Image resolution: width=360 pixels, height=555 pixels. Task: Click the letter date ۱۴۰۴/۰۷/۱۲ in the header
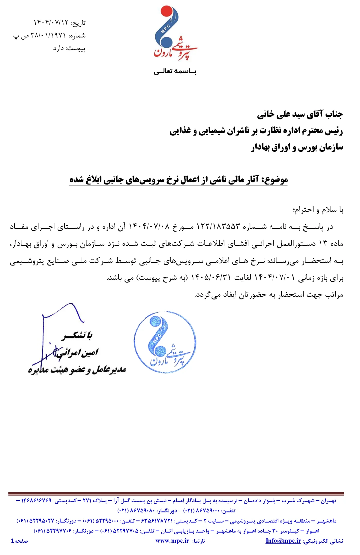(x=51, y=23)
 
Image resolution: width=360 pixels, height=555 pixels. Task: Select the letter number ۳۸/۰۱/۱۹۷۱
(x=48, y=36)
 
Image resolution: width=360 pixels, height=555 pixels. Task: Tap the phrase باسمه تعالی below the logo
(x=175, y=71)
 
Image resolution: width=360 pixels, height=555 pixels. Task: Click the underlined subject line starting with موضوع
(x=178, y=180)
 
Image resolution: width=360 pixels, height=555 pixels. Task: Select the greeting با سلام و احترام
(x=318, y=210)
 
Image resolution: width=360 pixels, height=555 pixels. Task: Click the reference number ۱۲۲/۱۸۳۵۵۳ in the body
(x=218, y=226)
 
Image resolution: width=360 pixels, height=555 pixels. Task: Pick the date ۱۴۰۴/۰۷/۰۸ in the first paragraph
(x=149, y=226)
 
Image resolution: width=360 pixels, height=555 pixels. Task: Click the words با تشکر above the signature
(x=77, y=335)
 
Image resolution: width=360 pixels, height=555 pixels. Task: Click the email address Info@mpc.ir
(x=283, y=541)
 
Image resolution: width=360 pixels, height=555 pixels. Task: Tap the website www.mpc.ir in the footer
(x=172, y=541)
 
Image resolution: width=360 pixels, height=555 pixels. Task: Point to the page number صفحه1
(x=19, y=541)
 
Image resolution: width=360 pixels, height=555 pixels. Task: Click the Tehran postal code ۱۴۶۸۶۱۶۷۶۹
(x=36, y=501)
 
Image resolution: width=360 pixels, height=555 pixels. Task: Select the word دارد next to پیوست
(x=58, y=48)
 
